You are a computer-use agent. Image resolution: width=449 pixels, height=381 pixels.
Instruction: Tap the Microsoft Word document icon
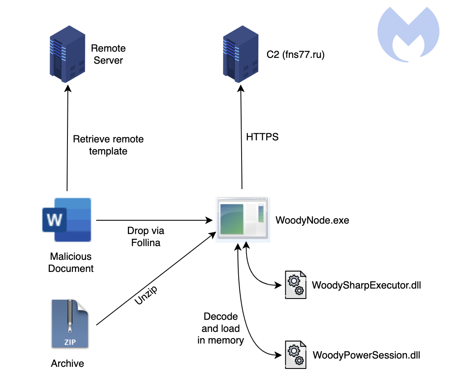pos(67,219)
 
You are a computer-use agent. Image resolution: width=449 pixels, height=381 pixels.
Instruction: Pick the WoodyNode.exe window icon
pos(242,219)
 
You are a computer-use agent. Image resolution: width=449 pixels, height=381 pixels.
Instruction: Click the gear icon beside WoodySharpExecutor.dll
pos(295,285)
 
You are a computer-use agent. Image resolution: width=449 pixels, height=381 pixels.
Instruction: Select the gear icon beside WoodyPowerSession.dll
pos(295,355)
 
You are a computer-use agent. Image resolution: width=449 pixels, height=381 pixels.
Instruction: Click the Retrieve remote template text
pos(108,145)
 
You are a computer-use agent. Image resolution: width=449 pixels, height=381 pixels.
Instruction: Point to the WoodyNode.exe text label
pos(312,220)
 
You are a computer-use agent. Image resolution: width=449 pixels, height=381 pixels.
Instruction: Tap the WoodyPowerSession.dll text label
pos(366,355)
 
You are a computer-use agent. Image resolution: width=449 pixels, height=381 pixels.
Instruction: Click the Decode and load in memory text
pos(221,328)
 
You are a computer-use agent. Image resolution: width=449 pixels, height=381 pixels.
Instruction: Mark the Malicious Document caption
pos(71,262)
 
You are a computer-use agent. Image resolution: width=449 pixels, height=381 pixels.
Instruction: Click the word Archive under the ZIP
pos(67,364)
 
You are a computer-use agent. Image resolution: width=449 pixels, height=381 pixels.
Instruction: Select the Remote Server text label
pos(108,55)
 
